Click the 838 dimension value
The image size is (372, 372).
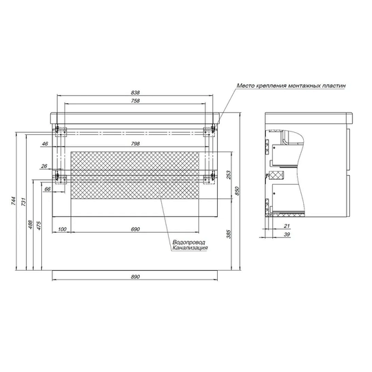click(135, 92)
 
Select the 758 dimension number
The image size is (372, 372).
click(135, 101)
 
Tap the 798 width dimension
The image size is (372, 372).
click(135, 143)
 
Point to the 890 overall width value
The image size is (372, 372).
click(135, 277)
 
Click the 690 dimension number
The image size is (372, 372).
click(135, 229)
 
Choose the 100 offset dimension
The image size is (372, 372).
click(62, 229)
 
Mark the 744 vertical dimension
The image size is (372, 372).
click(13, 200)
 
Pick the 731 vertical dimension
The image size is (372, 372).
click(23, 201)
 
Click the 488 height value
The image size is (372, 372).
click(30, 225)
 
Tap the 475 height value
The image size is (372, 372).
click(39, 226)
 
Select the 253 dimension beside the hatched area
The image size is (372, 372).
click(228, 175)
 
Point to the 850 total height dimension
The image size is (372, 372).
click(237, 191)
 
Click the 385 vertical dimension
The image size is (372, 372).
click(228, 234)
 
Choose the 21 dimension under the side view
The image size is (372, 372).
click(287, 226)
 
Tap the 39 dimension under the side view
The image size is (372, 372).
click(287, 234)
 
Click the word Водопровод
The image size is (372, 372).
click(189, 242)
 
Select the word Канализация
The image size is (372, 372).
click(190, 248)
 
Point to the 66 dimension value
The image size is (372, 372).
click(48, 189)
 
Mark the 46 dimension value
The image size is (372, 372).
click(45, 143)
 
